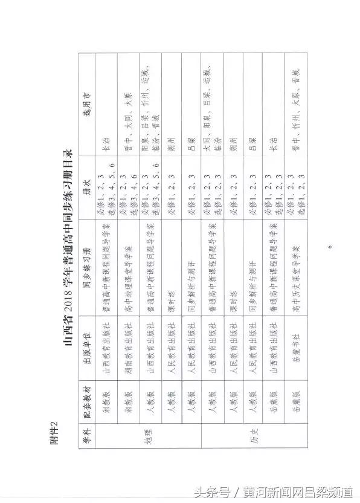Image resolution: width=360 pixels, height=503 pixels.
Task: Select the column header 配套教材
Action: [x=86, y=396]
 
